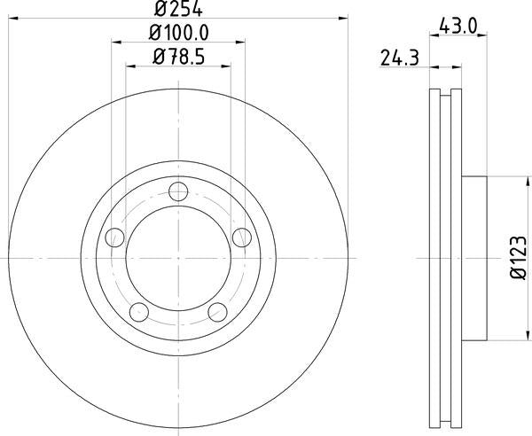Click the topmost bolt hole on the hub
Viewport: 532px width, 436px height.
[178, 190]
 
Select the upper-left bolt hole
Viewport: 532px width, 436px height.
[114, 237]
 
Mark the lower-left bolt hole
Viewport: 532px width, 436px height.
[138, 312]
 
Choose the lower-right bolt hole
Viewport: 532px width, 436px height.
[217, 312]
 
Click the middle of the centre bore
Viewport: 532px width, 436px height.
[178, 257]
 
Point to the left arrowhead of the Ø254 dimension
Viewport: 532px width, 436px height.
[12, 17]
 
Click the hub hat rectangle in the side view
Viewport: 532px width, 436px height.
[474, 257]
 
